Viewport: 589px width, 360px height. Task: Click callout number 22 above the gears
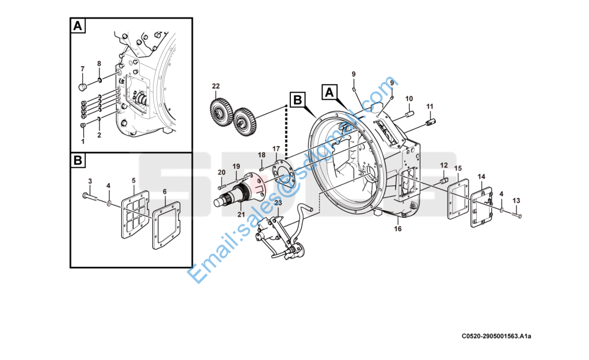(x=215, y=86)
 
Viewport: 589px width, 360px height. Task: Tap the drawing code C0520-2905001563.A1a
(x=496, y=336)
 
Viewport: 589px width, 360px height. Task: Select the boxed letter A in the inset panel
(x=78, y=26)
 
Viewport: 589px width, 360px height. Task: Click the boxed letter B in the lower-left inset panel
(x=78, y=160)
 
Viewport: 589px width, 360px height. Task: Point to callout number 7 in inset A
(x=83, y=69)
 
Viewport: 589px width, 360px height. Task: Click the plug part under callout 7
(x=83, y=87)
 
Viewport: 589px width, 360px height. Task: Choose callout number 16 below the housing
(x=398, y=229)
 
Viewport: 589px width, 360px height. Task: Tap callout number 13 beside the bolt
(x=516, y=200)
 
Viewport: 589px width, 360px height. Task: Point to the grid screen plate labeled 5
(x=135, y=214)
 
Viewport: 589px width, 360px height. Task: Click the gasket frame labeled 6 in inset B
(x=166, y=226)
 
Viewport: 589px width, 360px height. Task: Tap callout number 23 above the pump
(x=278, y=203)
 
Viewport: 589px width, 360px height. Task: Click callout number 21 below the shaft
(x=241, y=215)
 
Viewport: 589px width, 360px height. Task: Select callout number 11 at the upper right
(x=429, y=106)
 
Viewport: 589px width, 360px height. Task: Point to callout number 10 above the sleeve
(x=409, y=98)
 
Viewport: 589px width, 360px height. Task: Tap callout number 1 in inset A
(x=83, y=142)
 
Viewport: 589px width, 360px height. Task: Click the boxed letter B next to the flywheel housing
(x=297, y=100)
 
